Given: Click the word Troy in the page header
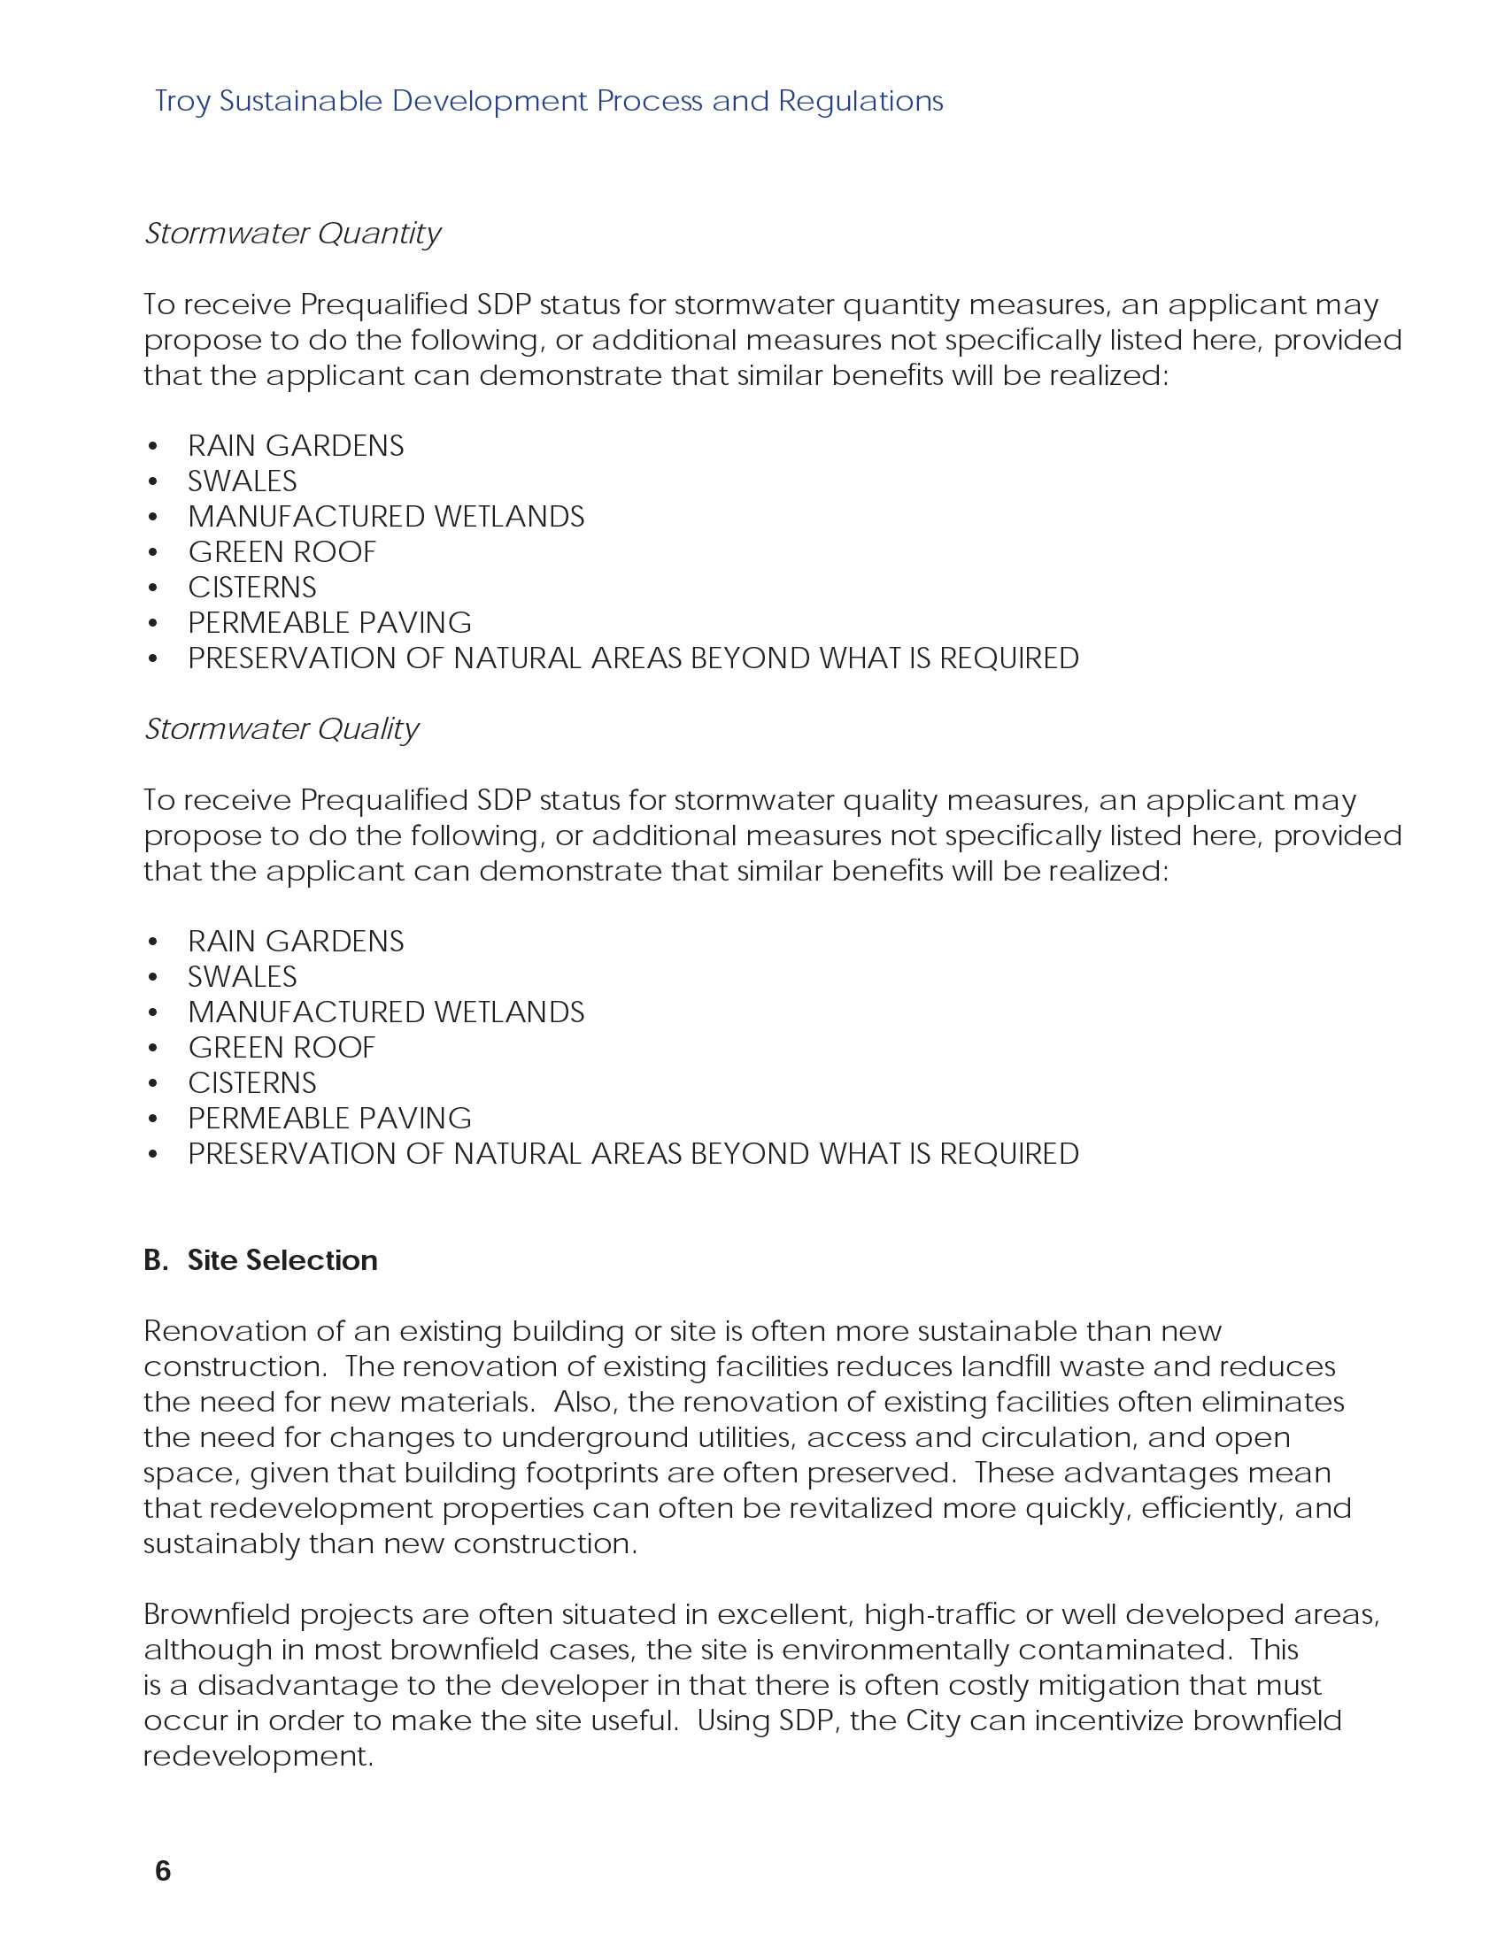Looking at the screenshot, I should click(x=181, y=102).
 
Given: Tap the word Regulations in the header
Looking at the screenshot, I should click(x=861, y=102).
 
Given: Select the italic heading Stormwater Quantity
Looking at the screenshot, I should click(x=292, y=234).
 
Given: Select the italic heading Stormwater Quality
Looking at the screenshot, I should click(x=282, y=729).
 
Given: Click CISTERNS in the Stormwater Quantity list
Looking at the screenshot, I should click(x=252, y=588).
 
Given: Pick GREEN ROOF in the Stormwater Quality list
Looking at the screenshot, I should click(x=282, y=1048).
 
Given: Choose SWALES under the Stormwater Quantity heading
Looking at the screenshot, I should click(x=243, y=481).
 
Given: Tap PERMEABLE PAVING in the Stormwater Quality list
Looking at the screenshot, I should click(x=330, y=1119).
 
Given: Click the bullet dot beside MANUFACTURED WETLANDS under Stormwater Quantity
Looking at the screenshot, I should click(x=153, y=517).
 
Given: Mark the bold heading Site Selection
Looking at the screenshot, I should click(x=282, y=1260).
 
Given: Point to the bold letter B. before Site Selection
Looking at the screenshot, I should click(x=156, y=1260).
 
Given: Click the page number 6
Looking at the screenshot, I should click(x=162, y=1871).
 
